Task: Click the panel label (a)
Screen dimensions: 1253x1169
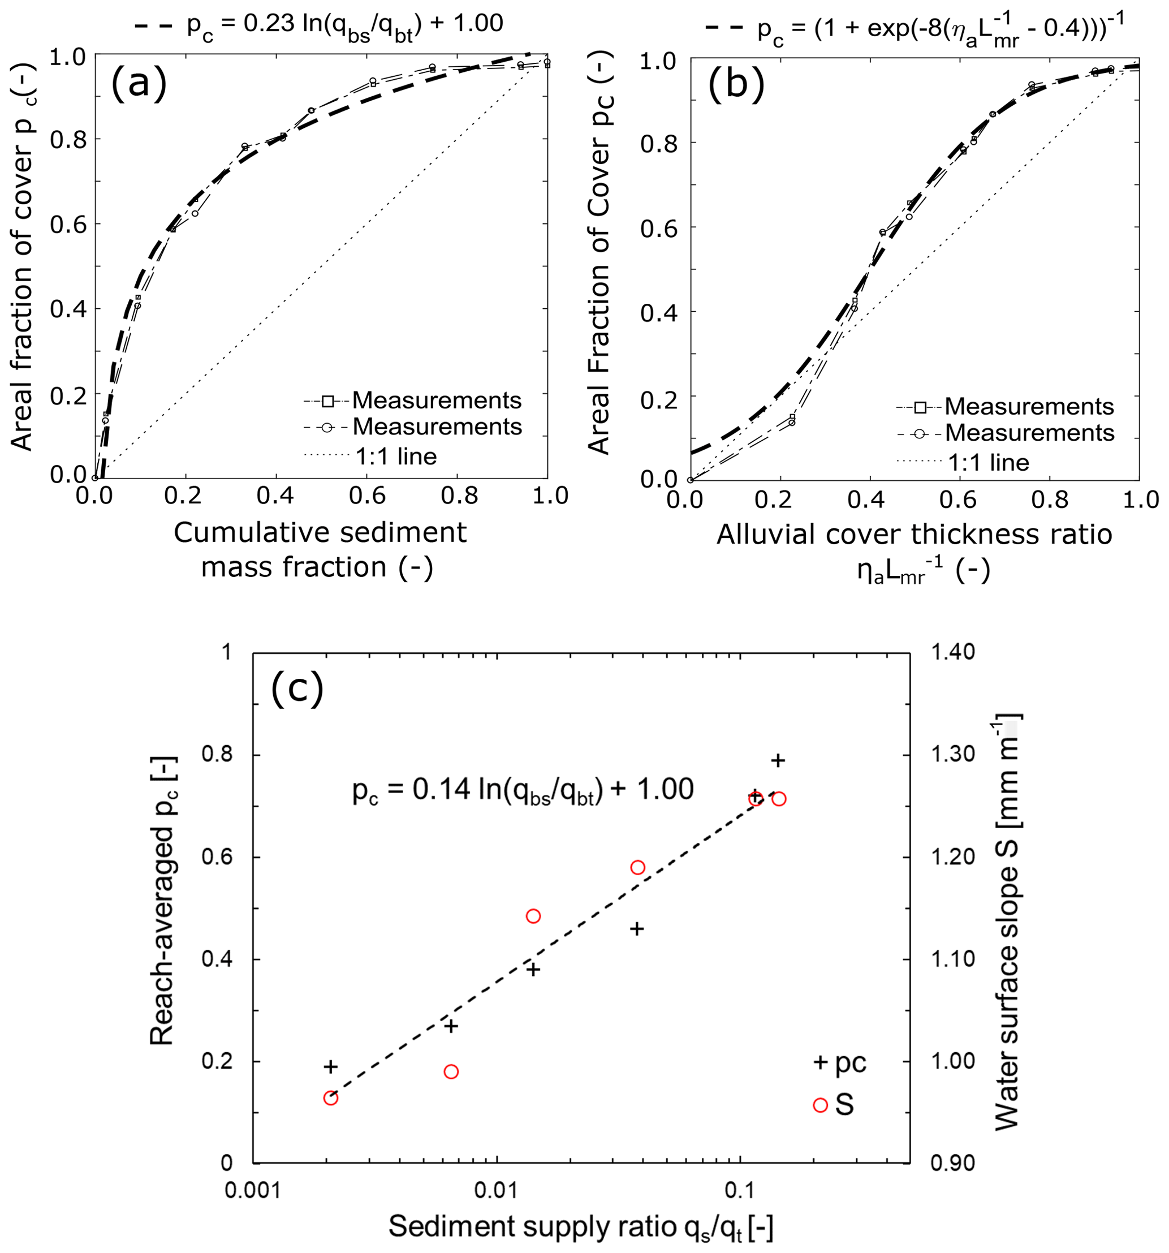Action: [x=139, y=83]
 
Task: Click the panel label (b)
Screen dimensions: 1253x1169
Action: [x=736, y=85]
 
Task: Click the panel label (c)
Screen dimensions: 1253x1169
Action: [x=297, y=689]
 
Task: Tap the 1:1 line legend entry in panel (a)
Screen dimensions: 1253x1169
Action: [x=396, y=456]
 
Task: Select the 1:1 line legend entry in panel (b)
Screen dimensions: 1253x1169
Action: [x=988, y=463]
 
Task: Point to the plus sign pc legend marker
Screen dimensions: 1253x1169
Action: [x=820, y=1063]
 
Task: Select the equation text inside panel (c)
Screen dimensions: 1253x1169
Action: [x=523, y=790]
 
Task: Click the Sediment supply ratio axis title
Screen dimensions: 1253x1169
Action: [x=580, y=1226]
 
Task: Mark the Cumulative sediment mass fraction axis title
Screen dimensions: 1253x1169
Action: [x=320, y=550]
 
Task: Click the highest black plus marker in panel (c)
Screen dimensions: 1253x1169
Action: [x=778, y=760]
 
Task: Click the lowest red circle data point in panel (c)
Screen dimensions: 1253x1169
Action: [x=331, y=1098]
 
